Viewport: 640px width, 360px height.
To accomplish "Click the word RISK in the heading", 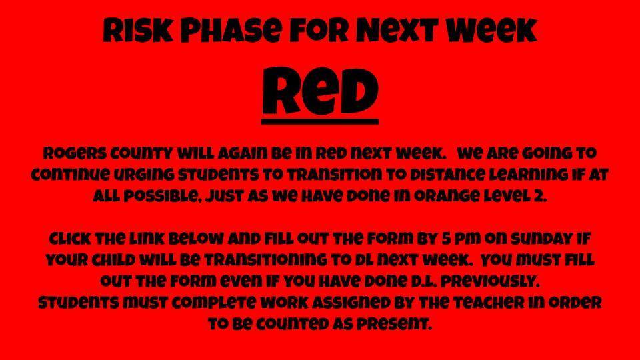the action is [x=138, y=31].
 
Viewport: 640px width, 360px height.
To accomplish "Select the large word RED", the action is [x=320, y=91].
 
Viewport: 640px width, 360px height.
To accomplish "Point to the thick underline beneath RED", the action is [x=320, y=121].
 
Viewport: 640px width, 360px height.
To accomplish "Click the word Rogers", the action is [x=75, y=154].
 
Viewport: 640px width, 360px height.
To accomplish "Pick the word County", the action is [x=141, y=154].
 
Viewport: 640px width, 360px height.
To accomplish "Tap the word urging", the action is [x=143, y=175].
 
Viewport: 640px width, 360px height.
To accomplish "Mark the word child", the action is [x=114, y=261].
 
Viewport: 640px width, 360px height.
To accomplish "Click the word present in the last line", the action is [x=394, y=324].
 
